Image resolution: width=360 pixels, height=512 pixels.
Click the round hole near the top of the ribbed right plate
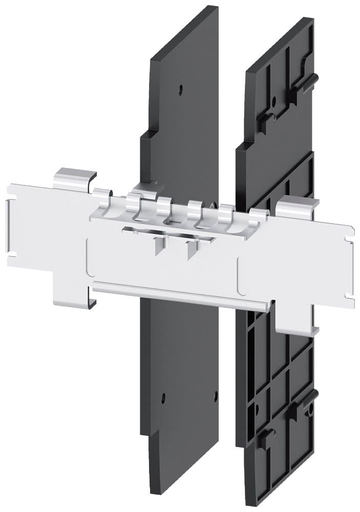pyautogui.click(x=274, y=100)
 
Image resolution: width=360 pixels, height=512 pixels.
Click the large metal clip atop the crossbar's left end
pyautogui.click(x=75, y=179)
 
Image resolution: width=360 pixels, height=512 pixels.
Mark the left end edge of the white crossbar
pyautogui.click(x=9, y=225)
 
